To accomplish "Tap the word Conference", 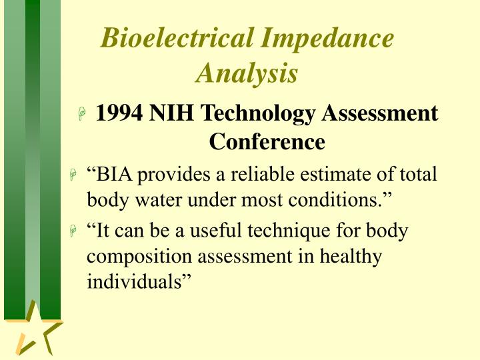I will click(x=267, y=141).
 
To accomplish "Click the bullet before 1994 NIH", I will click(x=82, y=115).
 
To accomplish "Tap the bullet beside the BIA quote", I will click(x=74, y=176).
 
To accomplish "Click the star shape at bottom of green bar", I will click(x=35, y=329).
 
